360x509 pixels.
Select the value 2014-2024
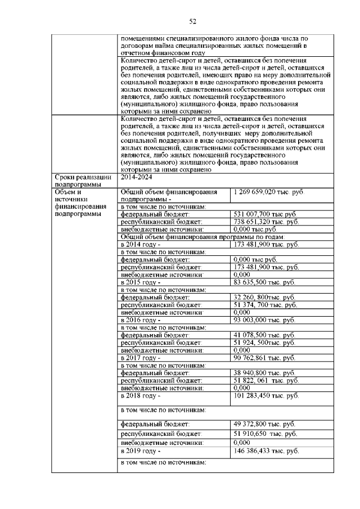click(x=136, y=177)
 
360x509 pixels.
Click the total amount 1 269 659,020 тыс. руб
click(x=268, y=192)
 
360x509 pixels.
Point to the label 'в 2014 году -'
click(x=141, y=245)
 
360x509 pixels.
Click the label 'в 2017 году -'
click(x=141, y=357)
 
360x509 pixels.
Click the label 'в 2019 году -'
click(x=141, y=451)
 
